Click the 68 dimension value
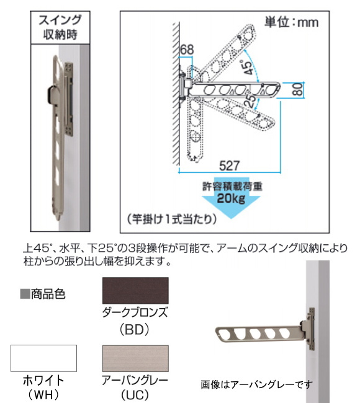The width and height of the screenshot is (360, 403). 187,50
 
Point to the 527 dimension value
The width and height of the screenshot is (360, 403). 230,166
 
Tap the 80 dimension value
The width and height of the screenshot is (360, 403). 298,90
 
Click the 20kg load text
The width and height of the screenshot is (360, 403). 231,198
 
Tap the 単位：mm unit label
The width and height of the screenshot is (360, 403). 291,22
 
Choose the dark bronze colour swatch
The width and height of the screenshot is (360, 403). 135,290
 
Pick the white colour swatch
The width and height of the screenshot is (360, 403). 43,358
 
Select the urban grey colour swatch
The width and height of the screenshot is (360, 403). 135,358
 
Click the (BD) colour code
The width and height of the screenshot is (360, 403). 135,330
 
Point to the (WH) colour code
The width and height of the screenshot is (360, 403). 43,395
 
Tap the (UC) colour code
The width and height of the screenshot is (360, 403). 135,395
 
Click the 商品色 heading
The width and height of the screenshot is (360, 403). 43,294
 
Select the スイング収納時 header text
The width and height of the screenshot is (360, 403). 60,27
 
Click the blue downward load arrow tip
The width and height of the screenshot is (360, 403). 231,218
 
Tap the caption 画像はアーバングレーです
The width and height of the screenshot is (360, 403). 256,384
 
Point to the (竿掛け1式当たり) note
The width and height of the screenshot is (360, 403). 172,219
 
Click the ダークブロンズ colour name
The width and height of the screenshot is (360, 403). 135,312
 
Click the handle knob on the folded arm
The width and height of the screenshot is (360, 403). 52,95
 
